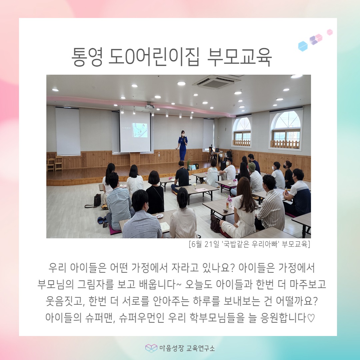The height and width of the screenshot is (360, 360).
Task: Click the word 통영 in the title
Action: point(87,57)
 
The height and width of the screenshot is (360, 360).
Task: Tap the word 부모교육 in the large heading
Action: point(239,57)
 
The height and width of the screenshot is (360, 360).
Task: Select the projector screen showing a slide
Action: point(135,131)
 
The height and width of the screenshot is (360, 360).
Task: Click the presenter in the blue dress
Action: point(182,145)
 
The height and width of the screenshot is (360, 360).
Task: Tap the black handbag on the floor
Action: point(97,200)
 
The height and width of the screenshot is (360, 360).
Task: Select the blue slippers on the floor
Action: point(102,220)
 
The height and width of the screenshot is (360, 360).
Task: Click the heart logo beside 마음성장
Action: point(151,348)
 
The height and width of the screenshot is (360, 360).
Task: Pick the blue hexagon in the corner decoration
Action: point(303,46)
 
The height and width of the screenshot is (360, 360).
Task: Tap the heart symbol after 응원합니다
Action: point(311,318)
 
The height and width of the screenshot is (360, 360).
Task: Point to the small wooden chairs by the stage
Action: point(55,163)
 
